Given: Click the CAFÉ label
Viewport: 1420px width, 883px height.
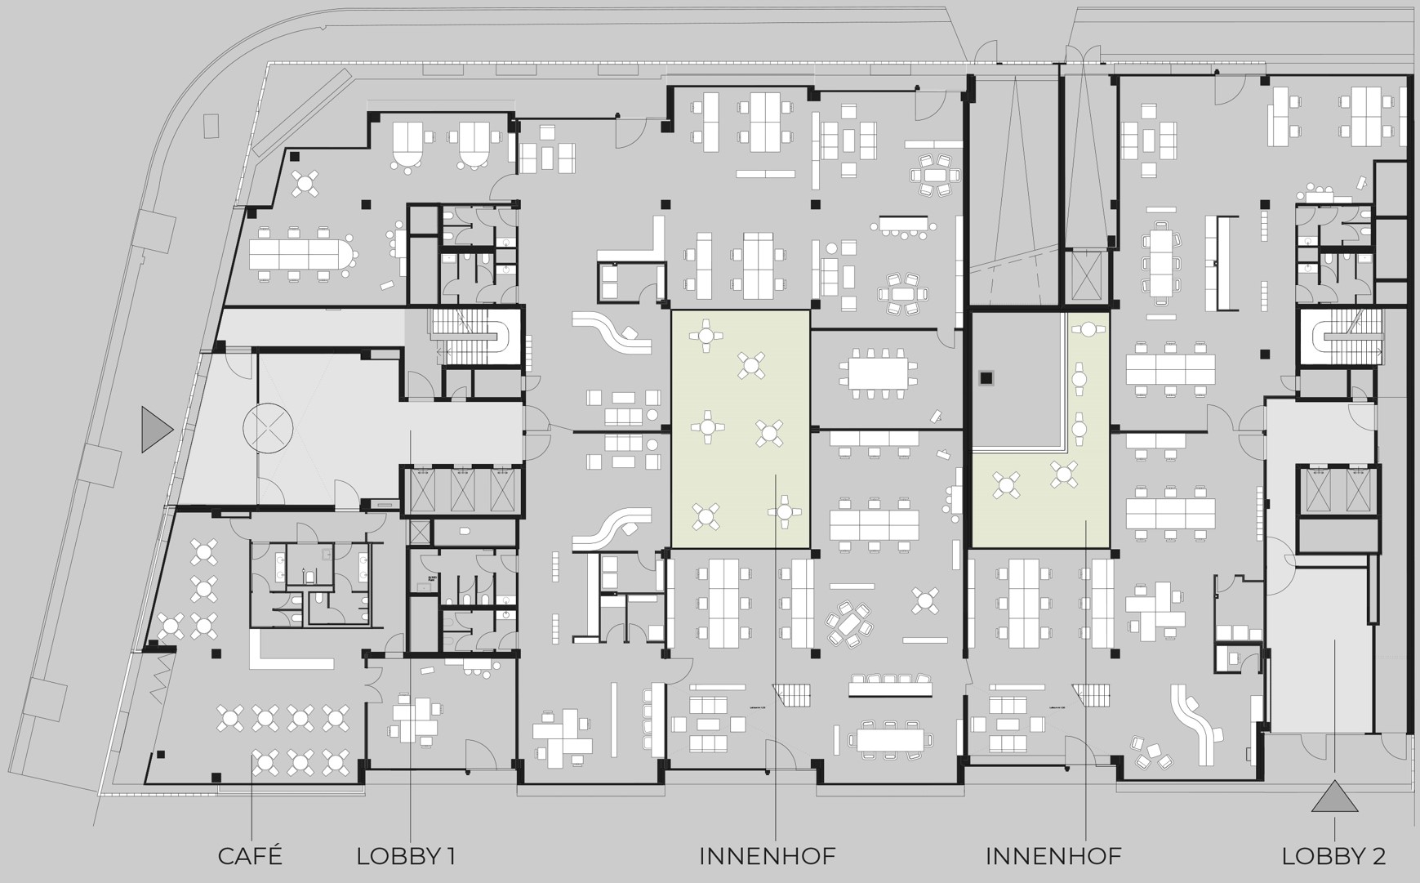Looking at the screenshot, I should [x=250, y=856].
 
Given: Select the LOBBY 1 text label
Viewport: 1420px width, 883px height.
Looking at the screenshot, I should [x=406, y=856].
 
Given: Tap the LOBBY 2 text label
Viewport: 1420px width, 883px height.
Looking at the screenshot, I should [x=1333, y=856].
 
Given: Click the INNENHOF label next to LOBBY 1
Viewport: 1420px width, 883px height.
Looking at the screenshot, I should [x=768, y=856].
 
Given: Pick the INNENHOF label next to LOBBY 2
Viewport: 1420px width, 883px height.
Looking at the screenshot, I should [x=1053, y=856].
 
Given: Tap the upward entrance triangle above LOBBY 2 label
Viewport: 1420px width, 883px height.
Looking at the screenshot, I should [x=1334, y=797].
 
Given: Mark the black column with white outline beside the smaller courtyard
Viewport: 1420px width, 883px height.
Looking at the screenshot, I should [x=986, y=377].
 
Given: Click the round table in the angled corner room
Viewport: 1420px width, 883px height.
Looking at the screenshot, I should [x=305, y=184].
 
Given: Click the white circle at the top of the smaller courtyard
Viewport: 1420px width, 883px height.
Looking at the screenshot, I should [x=1088, y=330].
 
